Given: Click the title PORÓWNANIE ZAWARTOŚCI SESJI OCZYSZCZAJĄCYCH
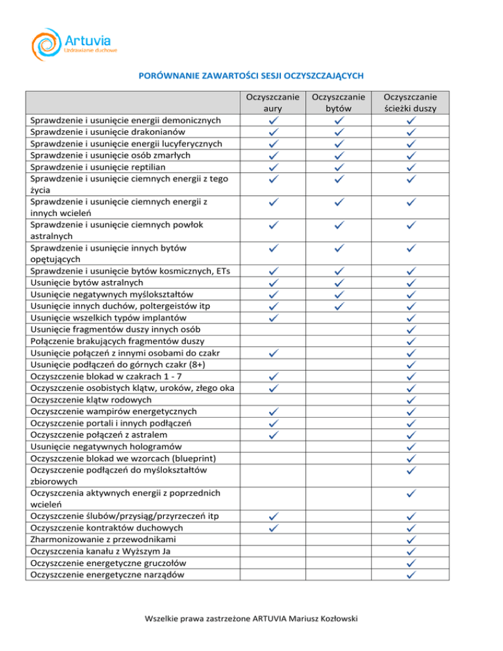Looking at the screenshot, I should coord(251,75).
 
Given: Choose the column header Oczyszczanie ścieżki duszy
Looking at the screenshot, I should coord(411,102).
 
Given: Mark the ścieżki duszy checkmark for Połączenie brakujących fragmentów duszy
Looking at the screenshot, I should coord(411,341).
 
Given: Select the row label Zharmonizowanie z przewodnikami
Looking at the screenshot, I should coord(104,540).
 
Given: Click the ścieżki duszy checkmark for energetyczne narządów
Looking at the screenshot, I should coord(411,575).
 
